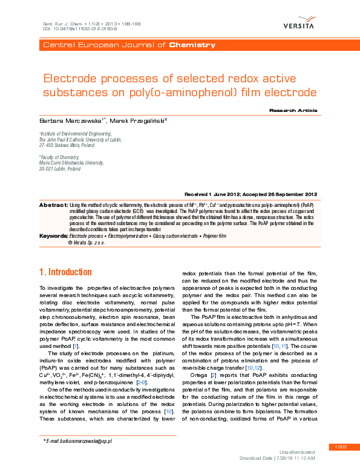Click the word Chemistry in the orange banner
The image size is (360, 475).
192,45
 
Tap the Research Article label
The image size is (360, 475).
327,111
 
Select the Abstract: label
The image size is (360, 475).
53,206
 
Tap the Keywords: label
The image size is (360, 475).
54,235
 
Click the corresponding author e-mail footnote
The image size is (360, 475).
79,441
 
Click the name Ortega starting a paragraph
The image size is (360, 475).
200,377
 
